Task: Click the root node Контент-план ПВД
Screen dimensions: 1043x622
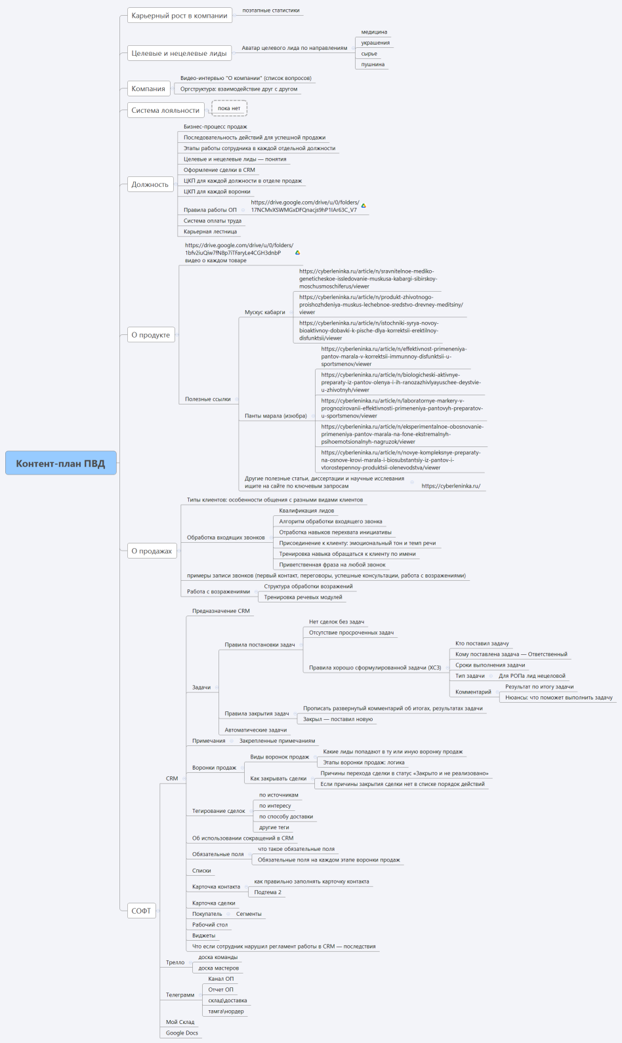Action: point(60,463)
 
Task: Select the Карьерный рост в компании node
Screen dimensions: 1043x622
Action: point(179,16)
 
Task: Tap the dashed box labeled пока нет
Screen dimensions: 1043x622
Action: point(229,108)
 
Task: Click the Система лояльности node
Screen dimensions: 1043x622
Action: point(165,110)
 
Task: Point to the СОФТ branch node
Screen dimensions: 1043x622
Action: point(141,911)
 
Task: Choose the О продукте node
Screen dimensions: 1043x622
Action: point(150,335)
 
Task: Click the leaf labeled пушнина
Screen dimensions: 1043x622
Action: point(373,64)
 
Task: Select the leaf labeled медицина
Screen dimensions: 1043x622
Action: point(374,32)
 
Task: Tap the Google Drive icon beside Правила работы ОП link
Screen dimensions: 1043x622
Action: point(363,206)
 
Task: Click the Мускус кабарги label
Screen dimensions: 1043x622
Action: point(265,312)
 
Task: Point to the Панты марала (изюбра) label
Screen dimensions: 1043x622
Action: point(276,416)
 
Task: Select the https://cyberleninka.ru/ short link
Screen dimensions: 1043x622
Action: point(451,486)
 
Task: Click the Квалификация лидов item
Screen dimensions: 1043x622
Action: point(306,511)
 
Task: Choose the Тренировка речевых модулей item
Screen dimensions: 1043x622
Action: point(303,597)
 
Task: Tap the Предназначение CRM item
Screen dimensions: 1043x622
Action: point(220,611)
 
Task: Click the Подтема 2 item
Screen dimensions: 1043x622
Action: point(268,892)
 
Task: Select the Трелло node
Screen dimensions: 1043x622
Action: point(175,962)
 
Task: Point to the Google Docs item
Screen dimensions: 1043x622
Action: point(182,1033)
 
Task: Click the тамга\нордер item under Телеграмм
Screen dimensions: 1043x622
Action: point(226,1012)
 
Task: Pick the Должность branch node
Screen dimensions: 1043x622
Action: point(150,185)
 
